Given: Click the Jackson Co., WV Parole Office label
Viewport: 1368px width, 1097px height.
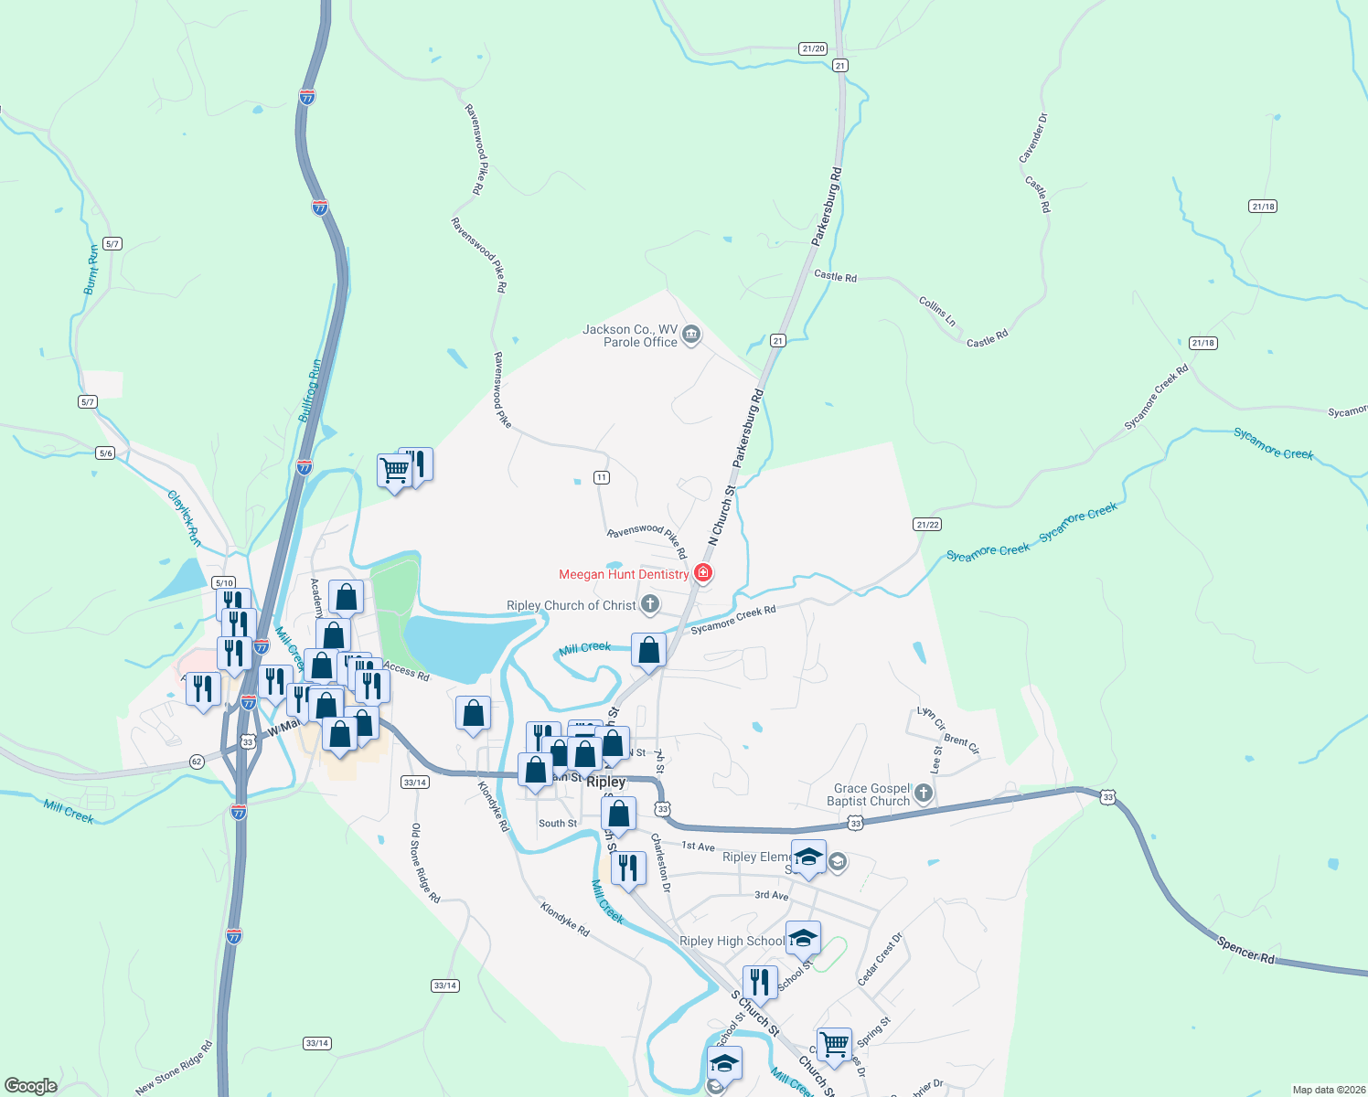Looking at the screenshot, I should [630, 335].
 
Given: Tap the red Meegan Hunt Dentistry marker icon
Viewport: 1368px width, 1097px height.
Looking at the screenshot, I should [703, 574].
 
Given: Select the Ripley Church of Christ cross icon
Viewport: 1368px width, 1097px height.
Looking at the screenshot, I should [650, 603].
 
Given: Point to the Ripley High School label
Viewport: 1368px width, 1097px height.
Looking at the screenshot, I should [732, 941].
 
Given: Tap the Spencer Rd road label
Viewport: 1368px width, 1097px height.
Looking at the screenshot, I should [1245, 950].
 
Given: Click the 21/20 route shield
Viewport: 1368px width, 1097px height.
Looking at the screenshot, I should [812, 48].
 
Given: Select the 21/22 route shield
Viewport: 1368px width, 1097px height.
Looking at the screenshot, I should [926, 524].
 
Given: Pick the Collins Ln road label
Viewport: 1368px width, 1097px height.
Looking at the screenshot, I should [937, 311].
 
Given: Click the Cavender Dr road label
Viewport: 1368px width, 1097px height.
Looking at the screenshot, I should [1033, 138].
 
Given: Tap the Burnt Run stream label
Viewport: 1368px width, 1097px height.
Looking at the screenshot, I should [91, 270].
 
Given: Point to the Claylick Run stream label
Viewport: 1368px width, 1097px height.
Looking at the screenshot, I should [184, 518].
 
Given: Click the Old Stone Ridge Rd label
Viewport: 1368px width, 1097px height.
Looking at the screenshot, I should [425, 863].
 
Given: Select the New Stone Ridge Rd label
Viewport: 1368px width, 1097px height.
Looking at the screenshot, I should [174, 1068].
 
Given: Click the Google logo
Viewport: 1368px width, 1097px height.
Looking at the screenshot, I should [31, 1085].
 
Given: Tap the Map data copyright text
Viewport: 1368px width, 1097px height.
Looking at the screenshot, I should [1325, 1090].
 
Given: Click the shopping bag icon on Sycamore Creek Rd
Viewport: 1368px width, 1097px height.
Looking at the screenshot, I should [648, 651].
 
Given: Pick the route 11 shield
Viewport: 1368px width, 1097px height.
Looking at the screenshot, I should [601, 477].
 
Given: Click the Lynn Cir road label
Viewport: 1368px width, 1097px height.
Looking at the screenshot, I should [931, 719].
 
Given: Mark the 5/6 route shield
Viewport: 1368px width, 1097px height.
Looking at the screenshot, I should [105, 453].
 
